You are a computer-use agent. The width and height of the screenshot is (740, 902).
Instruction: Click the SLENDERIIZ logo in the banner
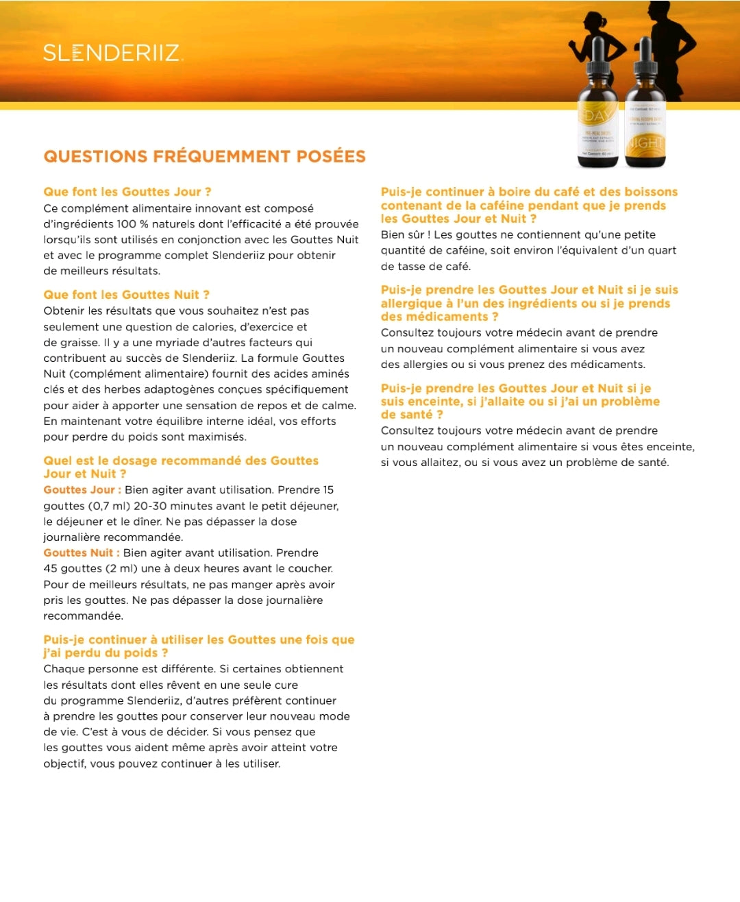click(x=113, y=53)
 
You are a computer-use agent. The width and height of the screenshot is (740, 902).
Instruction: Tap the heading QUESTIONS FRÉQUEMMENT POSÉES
click(x=204, y=156)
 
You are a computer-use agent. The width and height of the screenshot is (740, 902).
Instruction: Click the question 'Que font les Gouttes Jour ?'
click(x=127, y=192)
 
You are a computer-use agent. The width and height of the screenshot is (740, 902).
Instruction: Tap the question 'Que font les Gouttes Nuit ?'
click(x=126, y=295)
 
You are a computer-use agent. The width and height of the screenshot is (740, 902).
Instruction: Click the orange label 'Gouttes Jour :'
click(x=82, y=490)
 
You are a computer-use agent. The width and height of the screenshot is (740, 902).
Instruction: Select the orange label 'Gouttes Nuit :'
click(x=82, y=553)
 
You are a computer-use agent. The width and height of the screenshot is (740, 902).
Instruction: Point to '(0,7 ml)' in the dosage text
click(x=109, y=506)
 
